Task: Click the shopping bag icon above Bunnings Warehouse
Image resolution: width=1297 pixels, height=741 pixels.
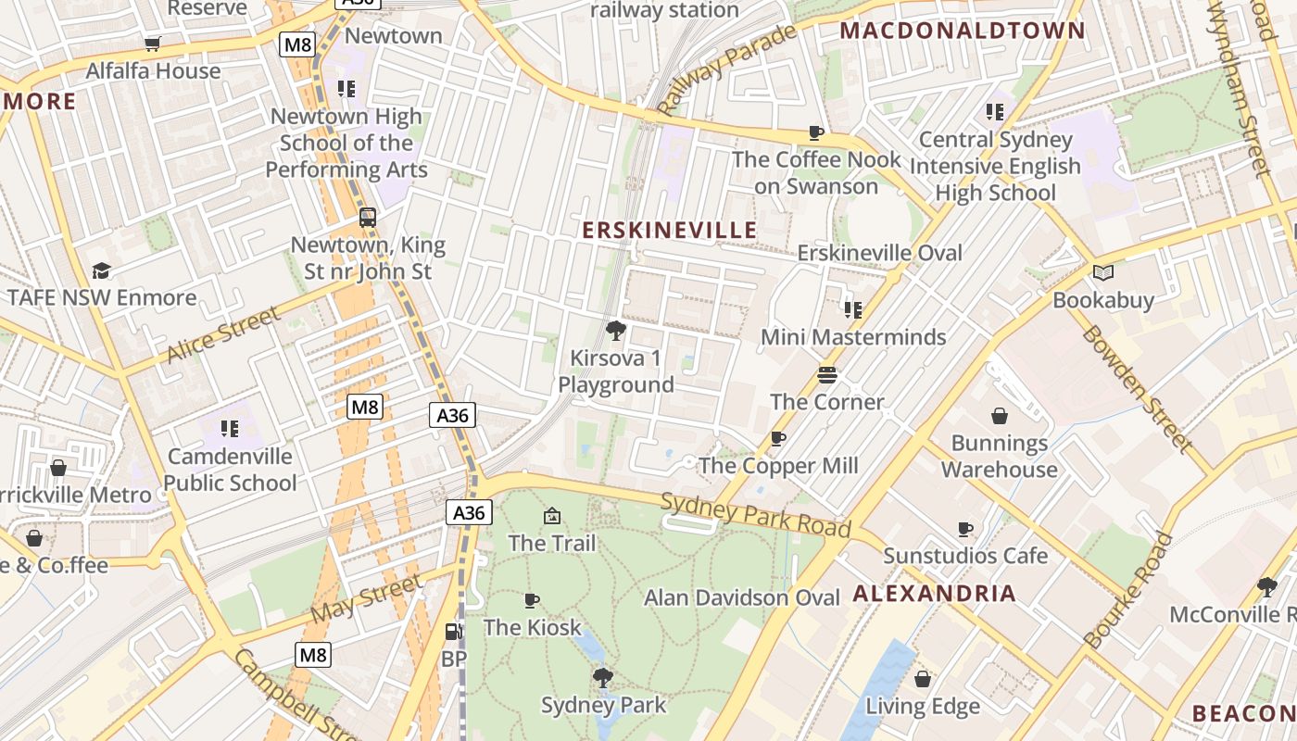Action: [x=1000, y=416]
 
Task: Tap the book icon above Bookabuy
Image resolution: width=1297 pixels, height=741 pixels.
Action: [x=1102, y=272]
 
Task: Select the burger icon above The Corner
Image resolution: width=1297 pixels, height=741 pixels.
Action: [x=827, y=375]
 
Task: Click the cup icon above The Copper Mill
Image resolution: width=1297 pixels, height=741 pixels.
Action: [x=778, y=438]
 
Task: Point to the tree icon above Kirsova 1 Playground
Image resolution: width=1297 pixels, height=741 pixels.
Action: [x=615, y=330]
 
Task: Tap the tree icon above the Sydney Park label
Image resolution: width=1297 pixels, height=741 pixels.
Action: [x=603, y=677]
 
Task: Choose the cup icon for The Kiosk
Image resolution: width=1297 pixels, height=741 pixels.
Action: [x=532, y=600]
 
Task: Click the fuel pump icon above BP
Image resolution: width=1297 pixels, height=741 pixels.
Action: [x=453, y=632]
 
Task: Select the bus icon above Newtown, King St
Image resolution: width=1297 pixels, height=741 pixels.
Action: [x=368, y=218]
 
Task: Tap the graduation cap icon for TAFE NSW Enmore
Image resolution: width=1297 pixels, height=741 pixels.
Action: [x=101, y=270]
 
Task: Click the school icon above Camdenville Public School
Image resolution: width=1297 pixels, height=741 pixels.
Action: [x=230, y=429]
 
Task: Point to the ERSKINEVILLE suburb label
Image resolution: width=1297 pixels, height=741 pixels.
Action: [x=669, y=230]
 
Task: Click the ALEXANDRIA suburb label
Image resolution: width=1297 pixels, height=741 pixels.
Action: [x=934, y=594]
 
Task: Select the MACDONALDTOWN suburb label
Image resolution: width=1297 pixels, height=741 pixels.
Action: [x=962, y=31]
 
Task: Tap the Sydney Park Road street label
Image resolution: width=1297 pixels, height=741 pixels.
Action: [x=755, y=515]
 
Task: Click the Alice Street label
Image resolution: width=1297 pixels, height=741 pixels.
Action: [x=223, y=334]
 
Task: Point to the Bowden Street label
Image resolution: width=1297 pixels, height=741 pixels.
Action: [x=1137, y=389]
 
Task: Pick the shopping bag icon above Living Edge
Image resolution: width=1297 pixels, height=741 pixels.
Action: [x=922, y=679]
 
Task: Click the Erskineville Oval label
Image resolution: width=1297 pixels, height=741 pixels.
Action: [x=879, y=253]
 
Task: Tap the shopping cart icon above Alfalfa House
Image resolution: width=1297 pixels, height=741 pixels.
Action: [x=153, y=44]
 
